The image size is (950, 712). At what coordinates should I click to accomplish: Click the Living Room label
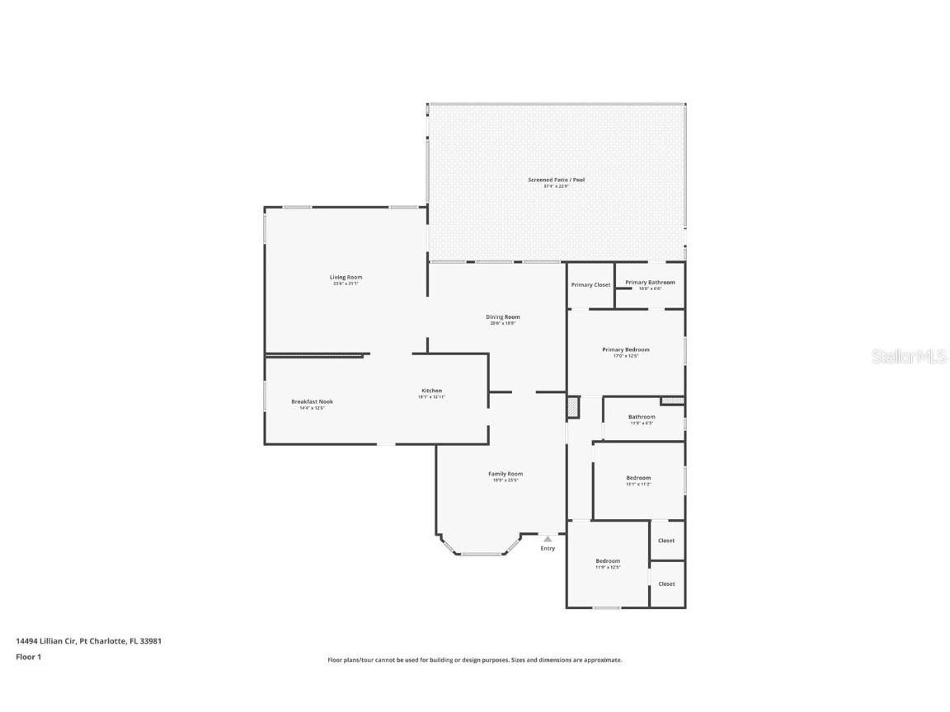coord(346,278)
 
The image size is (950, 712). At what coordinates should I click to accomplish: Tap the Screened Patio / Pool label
coord(556,180)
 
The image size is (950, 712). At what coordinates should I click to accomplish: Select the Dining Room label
coord(502,317)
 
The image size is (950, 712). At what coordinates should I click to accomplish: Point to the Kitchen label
coord(431,391)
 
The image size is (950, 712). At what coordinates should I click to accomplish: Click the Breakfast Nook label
coord(312,402)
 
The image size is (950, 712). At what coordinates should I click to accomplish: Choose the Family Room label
coord(505,474)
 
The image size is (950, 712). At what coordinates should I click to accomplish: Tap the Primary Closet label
coord(590,285)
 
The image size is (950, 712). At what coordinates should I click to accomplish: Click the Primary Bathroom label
coord(650,283)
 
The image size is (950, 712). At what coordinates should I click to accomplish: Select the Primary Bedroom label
coord(625,349)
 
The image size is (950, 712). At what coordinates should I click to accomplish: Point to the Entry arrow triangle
coord(547,539)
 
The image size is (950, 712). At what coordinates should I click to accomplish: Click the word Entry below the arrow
coord(548,549)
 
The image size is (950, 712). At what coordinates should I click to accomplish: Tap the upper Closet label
coord(666,541)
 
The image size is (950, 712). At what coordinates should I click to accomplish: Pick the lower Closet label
coord(666,583)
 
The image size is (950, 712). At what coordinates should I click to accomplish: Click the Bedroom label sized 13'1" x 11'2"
coord(638,478)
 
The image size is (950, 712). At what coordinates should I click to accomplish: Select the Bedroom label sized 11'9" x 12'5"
coord(608,561)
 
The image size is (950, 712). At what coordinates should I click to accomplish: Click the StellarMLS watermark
coord(910,356)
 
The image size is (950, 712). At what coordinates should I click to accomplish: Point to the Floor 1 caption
coord(28,657)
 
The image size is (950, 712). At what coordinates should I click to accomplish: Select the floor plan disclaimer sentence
coord(475,660)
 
